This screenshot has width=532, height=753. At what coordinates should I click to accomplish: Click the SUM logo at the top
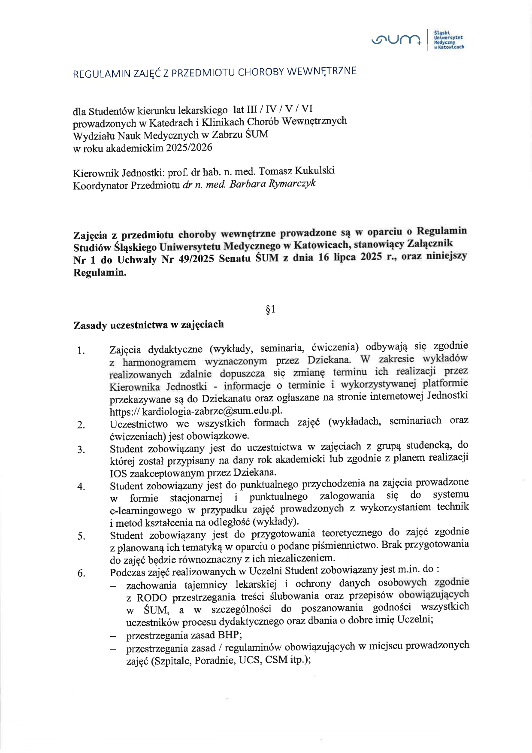pos(397,40)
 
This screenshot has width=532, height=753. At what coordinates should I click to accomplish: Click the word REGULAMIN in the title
pos(100,74)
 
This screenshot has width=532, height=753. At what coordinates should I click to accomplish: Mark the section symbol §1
pos(270,309)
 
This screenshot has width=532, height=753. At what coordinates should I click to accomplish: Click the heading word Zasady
pos(90,325)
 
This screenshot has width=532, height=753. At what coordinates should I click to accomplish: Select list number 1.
pos(81,351)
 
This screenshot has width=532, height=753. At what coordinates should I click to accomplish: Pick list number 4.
pos(81,486)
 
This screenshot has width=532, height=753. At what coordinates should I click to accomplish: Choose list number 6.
pos(81,573)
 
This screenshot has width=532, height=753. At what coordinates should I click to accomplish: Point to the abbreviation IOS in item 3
pos(118,474)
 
